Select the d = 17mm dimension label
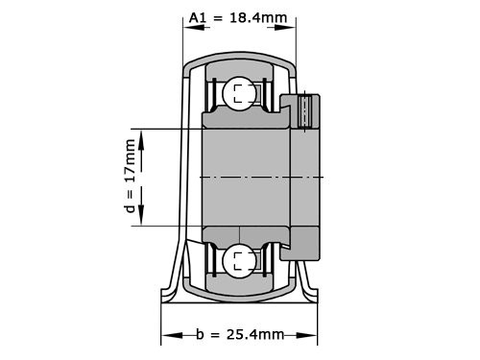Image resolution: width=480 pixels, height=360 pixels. [132, 179]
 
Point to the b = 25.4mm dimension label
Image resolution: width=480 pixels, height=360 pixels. [239, 334]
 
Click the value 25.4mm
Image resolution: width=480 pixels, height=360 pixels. [254, 334]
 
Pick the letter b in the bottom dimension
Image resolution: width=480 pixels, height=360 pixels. [200, 334]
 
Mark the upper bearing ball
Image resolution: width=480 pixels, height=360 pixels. [237, 94]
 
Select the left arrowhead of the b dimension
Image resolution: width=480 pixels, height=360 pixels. [167, 335]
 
